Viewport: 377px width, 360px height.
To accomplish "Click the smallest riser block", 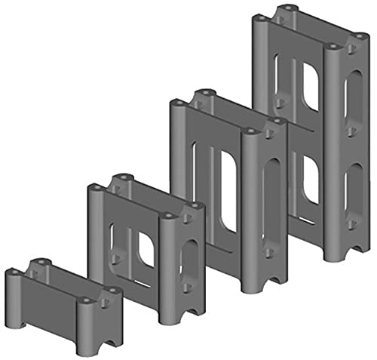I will click(60, 309).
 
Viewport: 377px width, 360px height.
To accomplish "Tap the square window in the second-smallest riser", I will click(146, 248).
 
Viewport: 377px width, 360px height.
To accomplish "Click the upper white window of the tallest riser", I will click(310, 87).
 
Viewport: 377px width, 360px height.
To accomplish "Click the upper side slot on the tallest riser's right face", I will click(351, 94).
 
